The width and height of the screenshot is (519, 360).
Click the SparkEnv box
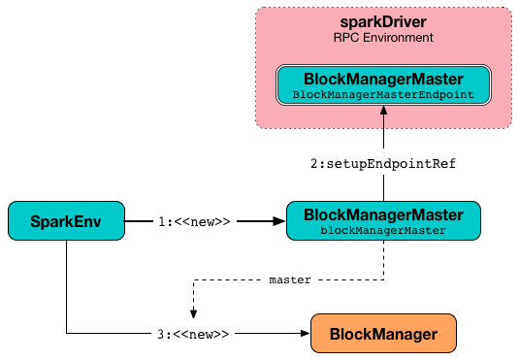(67, 221)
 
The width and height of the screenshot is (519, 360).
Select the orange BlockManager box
(382, 334)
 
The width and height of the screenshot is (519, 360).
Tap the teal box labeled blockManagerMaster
(383, 221)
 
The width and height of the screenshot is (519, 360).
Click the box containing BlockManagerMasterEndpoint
(383, 85)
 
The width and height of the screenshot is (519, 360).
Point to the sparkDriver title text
(383, 21)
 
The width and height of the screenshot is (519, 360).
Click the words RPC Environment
(383, 37)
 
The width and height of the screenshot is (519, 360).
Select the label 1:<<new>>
(194, 221)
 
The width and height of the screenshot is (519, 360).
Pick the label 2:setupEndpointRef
(383, 165)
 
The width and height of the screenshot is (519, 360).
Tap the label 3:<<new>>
(194, 334)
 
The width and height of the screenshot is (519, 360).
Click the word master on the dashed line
(289, 279)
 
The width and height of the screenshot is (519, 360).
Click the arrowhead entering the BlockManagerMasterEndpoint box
(383, 111)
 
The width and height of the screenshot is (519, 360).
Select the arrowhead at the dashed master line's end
(194, 313)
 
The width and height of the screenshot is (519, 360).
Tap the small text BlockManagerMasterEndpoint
(383, 94)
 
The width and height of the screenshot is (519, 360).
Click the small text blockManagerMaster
(383, 231)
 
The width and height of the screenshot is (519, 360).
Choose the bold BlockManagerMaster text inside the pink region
(383, 79)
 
